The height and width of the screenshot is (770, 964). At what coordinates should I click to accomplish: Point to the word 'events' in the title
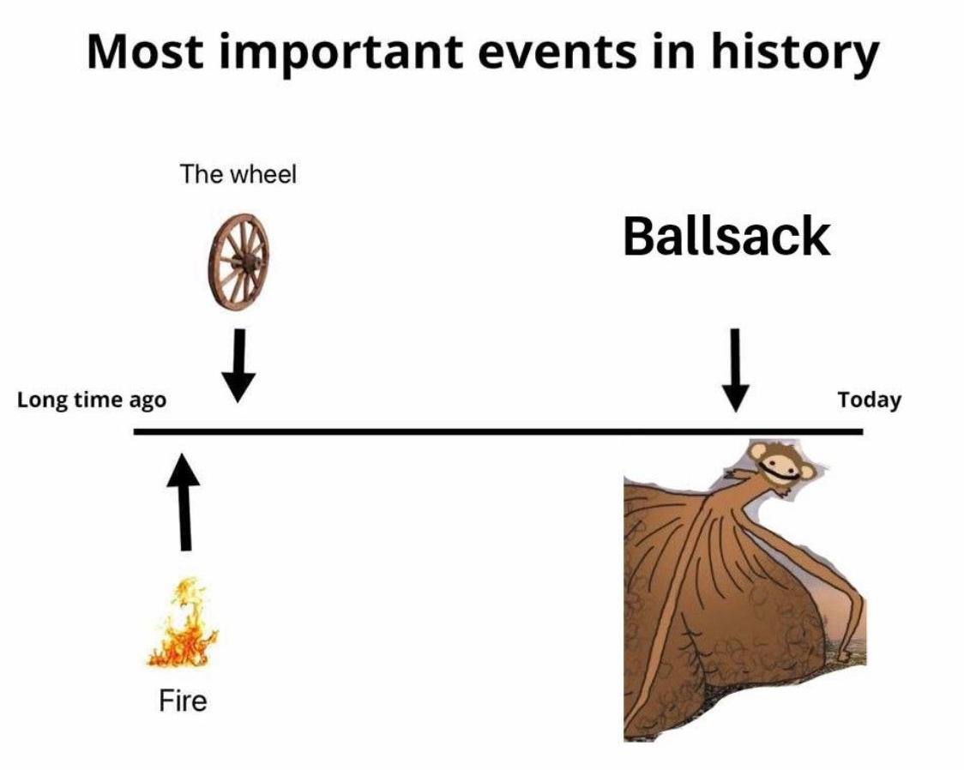[x=557, y=53]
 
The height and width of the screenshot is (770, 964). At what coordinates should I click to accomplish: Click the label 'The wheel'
[x=238, y=174]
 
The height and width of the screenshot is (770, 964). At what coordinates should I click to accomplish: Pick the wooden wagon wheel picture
[x=239, y=262]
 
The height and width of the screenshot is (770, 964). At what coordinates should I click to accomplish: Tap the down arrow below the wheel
[x=238, y=366]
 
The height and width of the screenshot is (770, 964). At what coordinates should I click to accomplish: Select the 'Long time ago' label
[x=92, y=400]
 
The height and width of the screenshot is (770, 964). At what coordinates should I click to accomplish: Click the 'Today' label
[x=870, y=400]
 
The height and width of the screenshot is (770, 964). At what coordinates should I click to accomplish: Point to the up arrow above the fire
[x=183, y=502]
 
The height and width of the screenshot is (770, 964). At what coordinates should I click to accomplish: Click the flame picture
[x=183, y=623]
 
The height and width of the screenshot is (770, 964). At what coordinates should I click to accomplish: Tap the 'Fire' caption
[x=183, y=701]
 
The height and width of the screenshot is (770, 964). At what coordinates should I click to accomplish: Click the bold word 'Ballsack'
[x=726, y=237]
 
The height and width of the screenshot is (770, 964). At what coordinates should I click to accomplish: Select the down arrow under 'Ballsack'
[x=735, y=371]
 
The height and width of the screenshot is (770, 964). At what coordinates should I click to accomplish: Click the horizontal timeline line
[x=498, y=432]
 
